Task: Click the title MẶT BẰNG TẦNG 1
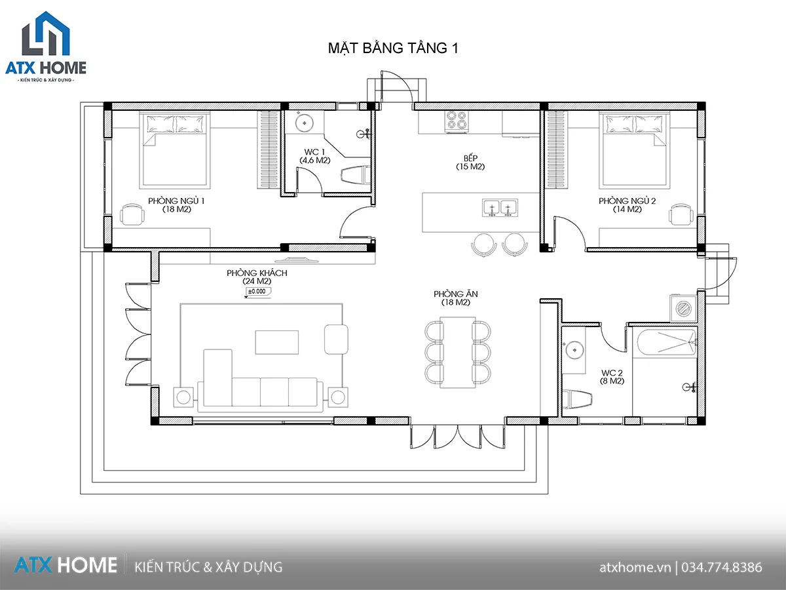tap(393, 49)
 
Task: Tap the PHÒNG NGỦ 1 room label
tap(176, 201)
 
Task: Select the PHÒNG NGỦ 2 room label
tap(627, 201)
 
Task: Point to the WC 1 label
tap(314, 152)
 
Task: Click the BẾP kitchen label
tap(470, 158)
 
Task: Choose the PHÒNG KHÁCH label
tap(257, 273)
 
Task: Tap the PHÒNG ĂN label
tap(455, 294)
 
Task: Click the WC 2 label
tap(612, 372)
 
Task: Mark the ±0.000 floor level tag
tap(257, 292)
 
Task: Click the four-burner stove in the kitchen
tap(457, 120)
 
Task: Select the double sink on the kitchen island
tap(500, 208)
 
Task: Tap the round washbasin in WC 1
tap(305, 123)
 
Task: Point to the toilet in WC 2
tap(577, 399)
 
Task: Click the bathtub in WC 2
tap(666, 342)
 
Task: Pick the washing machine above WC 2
tap(684, 308)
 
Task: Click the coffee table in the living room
tap(277, 342)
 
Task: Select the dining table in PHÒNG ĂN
tap(458, 352)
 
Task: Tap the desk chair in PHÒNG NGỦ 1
tap(132, 214)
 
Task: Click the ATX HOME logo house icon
tap(46, 33)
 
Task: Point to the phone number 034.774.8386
tap(722, 568)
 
